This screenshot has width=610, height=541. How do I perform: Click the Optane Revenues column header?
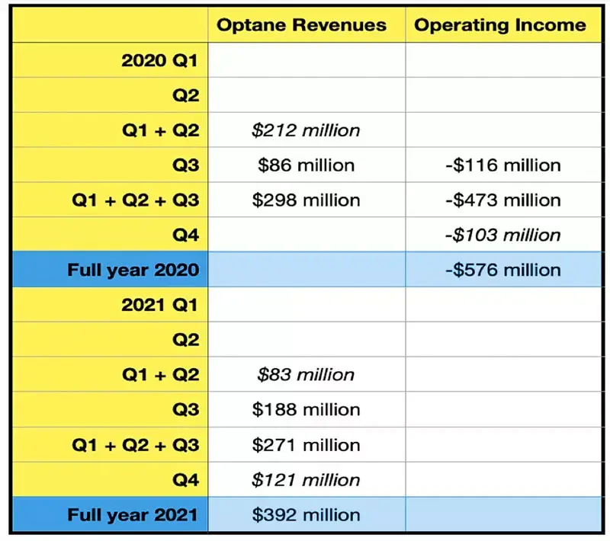coord(301,25)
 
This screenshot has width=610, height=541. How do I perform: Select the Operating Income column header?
coord(500,25)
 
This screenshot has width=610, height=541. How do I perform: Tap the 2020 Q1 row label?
coord(159,61)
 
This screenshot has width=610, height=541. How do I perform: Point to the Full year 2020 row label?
coord(133,270)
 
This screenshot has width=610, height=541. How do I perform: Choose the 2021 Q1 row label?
coord(159,305)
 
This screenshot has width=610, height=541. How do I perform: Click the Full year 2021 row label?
coord(133,515)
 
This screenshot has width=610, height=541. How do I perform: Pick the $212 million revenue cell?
coord(306,130)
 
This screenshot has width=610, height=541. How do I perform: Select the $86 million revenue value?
coord(307,165)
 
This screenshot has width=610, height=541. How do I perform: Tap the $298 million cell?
coord(307,200)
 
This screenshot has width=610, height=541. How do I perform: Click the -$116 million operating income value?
coord(503,165)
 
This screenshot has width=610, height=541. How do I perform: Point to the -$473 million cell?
coord(503,200)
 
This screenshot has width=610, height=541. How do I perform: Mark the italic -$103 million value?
coord(503,235)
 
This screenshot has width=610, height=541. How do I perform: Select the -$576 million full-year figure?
coord(503,270)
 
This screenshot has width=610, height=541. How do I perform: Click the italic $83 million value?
coord(306,375)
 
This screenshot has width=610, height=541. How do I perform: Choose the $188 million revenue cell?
coord(307,410)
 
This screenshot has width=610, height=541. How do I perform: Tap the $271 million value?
coord(307,446)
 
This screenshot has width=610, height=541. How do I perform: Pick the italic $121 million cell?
coord(306,480)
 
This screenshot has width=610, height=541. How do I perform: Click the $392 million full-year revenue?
coord(307,515)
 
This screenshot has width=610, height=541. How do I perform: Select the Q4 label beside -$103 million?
coord(185,235)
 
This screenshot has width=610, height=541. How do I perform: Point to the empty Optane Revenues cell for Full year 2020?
coord(307,269)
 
